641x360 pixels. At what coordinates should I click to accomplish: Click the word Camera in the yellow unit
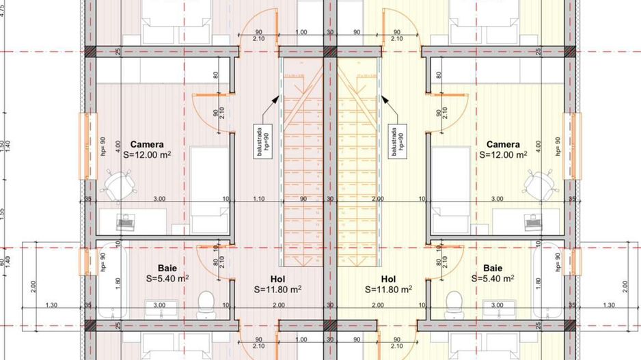[503, 145]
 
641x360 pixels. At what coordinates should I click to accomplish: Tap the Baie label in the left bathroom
[167, 268]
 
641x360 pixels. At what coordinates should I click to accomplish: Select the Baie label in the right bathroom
[492, 268]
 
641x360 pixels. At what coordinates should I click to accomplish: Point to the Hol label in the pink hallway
[277, 279]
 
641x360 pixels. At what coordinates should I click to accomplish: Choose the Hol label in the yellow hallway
[388, 279]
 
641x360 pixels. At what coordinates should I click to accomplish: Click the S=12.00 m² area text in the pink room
[147, 155]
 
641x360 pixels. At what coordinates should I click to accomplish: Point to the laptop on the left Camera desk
[126, 221]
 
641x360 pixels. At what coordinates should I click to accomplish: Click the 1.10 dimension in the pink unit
[258, 199]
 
